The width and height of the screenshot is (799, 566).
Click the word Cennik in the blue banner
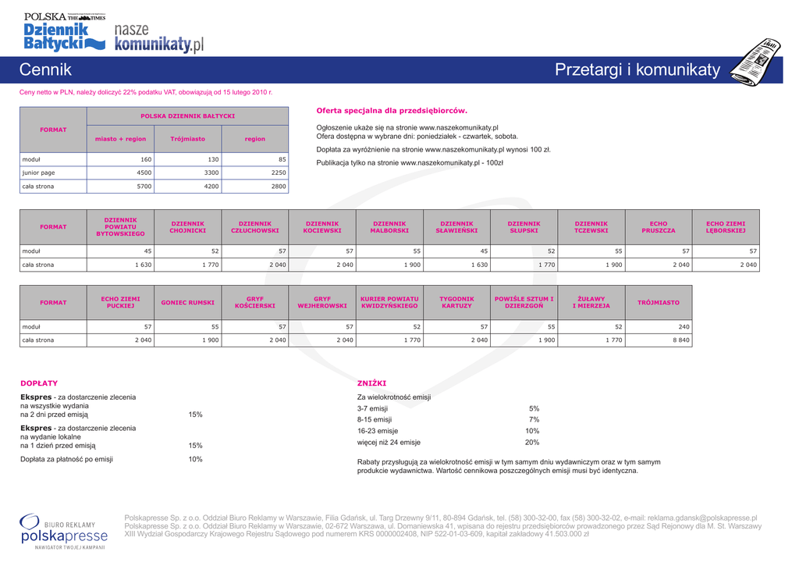tap(45, 70)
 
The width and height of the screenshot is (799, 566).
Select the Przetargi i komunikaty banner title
tap(637, 70)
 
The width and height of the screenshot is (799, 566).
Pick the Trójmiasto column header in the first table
tap(187, 139)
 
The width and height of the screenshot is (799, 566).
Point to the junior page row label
tap(38, 173)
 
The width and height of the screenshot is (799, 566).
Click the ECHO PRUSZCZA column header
tap(659, 226)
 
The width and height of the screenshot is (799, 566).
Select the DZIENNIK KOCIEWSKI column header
tap(322, 226)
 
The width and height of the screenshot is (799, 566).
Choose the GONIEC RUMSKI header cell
tap(187, 302)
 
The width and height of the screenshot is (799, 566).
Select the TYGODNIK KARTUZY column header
tap(456, 302)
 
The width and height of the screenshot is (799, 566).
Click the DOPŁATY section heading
tap(39, 383)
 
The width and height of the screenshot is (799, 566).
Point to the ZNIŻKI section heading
tap(371, 383)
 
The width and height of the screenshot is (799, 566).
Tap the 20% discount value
tap(532, 442)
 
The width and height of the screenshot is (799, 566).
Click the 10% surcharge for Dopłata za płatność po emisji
tap(195, 459)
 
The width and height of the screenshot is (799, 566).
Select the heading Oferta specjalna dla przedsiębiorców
tap(391, 111)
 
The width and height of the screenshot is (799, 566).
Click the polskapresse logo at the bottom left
tap(64, 531)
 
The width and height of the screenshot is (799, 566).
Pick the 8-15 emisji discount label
tap(375, 419)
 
